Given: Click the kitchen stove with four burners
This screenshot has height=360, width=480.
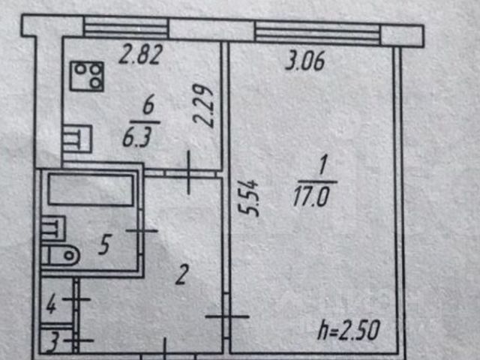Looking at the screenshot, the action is click(x=88, y=75).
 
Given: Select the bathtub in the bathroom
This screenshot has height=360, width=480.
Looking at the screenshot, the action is click(x=89, y=190).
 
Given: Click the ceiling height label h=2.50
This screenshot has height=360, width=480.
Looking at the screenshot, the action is click(x=348, y=330).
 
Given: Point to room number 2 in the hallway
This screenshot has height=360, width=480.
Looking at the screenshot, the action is click(x=180, y=277).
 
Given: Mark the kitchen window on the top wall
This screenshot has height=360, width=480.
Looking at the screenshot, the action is click(x=125, y=29).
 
